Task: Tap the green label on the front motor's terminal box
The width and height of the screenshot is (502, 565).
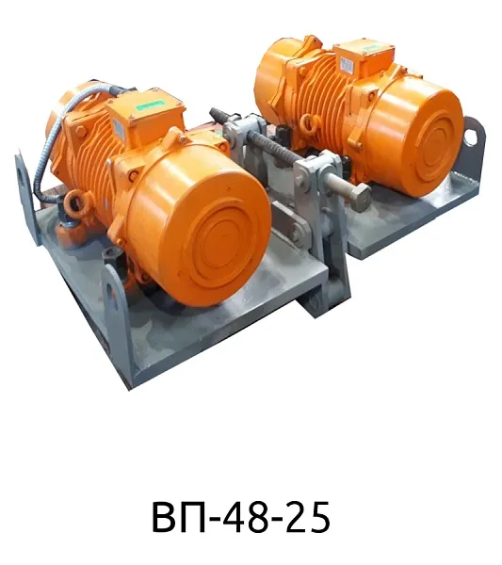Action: click(151, 105)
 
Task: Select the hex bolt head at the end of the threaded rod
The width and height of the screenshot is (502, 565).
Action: click(359, 198)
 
